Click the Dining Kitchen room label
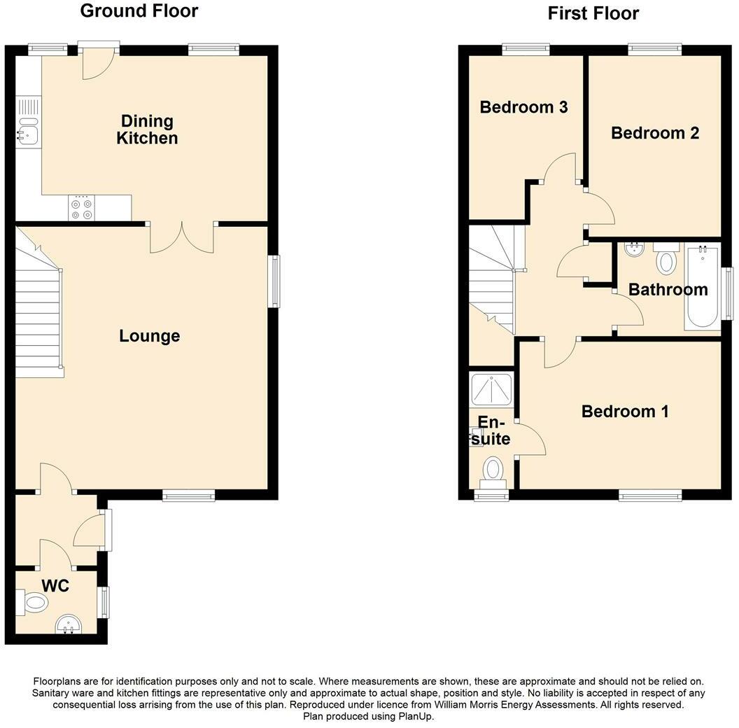pyautogui.click(x=146, y=129)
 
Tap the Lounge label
pyautogui.click(x=149, y=336)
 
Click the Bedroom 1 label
pyautogui.click(x=624, y=411)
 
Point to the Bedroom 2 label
pyautogui.click(x=654, y=133)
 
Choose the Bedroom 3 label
pyautogui.click(x=523, y=107)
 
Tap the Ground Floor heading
pyautogui.click(x=139, y=11)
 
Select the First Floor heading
pyautogui.click(x=593, y=13)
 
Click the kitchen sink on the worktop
pyautogui.click(x=27, y=129)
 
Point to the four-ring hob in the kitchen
pyautogui.click(x=81, y=207)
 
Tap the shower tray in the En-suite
pyautogui.click(x=492, y=388)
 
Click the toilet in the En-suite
pyautogui.click(x=493, y=469)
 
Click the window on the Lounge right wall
pyautogui.click(x=275, y=281)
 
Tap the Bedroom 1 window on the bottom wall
pyautogui.click(x=650, y=496)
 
